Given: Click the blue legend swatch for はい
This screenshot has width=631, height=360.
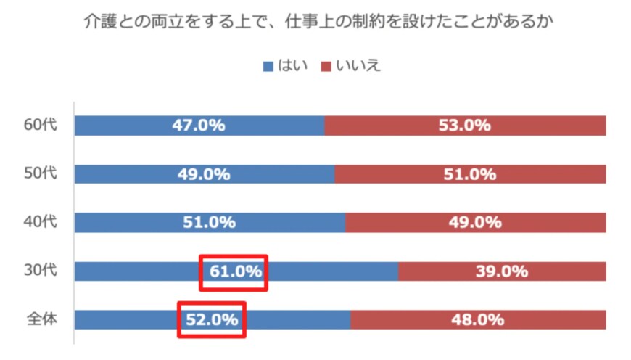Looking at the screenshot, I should click(267, 66).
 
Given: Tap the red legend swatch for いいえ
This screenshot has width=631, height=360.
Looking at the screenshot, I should click(326, 66).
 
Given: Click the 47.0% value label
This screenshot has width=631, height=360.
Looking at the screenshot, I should click(198, 126).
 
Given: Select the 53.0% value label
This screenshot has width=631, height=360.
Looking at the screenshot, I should click(464, 126).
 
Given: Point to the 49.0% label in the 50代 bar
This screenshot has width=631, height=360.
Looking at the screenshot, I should click(204, 174).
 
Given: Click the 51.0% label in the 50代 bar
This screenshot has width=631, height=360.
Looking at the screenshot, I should click(470, 174).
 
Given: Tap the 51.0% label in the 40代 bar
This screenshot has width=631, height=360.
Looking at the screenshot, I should click(209, 223).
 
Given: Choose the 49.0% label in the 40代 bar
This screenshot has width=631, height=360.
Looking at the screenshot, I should click(475, 223).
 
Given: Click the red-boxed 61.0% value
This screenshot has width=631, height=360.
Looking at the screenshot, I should click(235, 271).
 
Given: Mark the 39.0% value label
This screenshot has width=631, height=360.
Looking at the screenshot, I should click(501, 271).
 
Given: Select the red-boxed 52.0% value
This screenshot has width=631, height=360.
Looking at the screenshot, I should click(212, 320).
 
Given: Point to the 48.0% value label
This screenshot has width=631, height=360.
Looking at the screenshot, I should click(478, 320).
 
